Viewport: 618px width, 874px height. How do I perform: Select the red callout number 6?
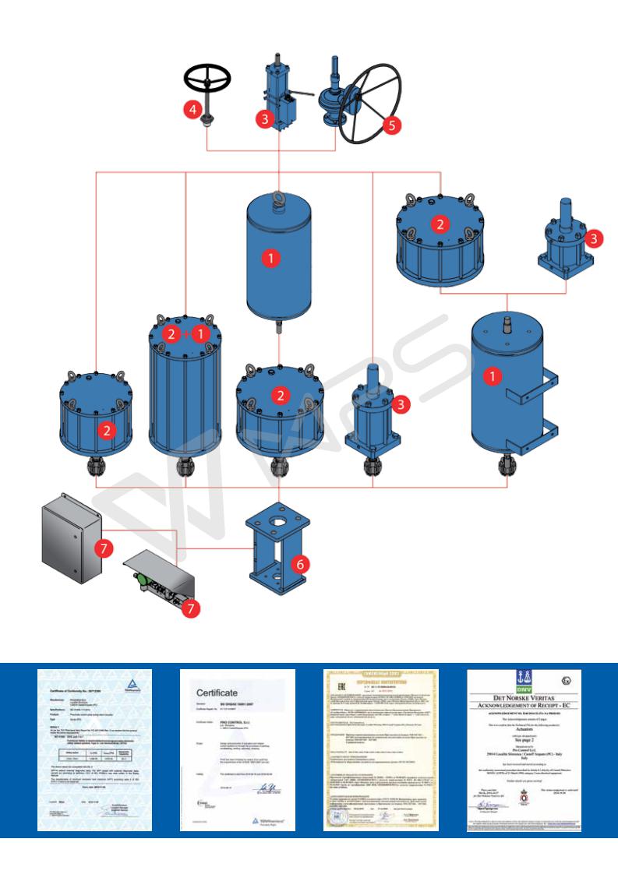[x=295, y=561]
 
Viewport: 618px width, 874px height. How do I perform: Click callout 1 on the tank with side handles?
[x=491, y=375]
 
